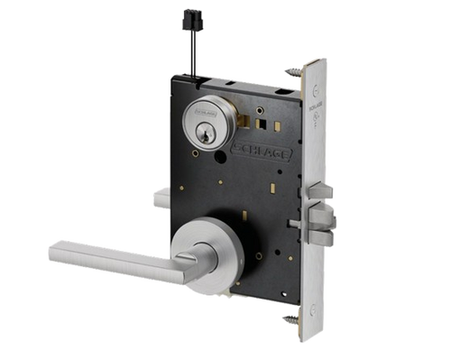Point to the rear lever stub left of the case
(x=160, y=198)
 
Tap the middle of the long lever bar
(x=117, y=255)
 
